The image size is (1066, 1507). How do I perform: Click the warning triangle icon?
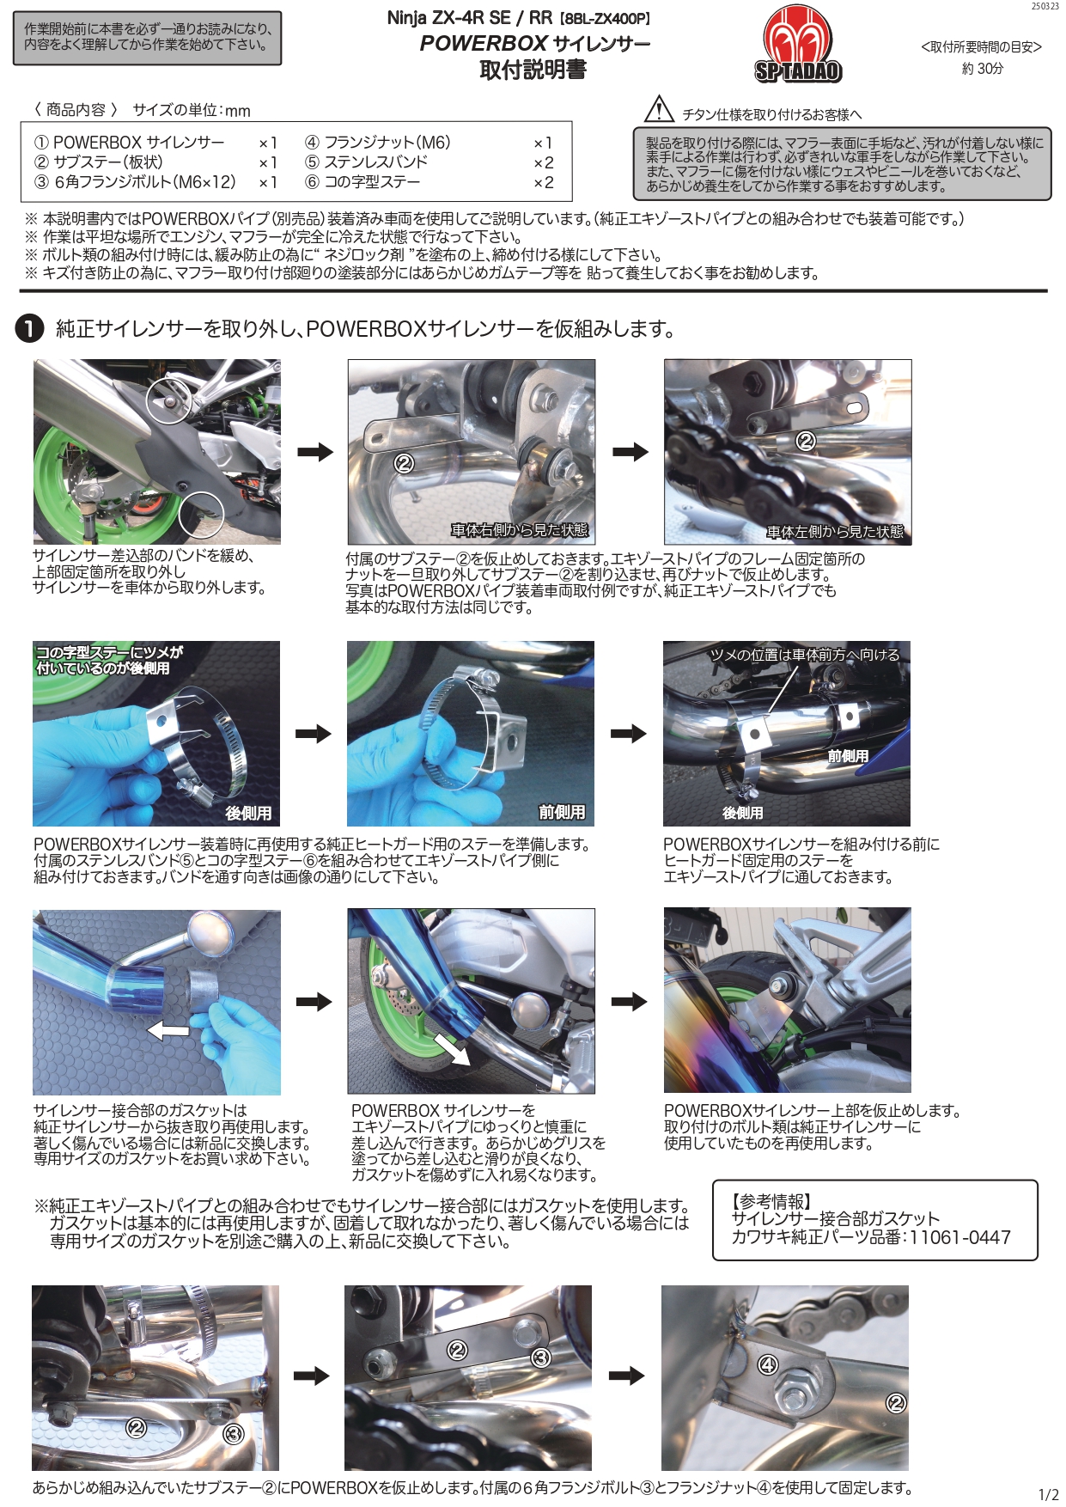[659, 110]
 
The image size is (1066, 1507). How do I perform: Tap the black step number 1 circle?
[29, 328]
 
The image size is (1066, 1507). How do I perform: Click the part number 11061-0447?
[959, 1237]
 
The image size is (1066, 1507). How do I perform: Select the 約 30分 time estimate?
[982, 69]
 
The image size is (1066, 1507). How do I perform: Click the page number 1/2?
[1048, 1494]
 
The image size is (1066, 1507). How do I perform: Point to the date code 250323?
[1045, 6]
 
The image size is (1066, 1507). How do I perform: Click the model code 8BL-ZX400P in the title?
[606, 19]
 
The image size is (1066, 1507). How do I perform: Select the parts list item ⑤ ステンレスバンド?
[366, 162]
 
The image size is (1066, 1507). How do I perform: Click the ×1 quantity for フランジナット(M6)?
[543, 143]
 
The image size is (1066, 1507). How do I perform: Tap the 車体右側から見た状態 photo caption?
[519, 530]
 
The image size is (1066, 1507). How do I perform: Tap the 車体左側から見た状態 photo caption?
[834, 532]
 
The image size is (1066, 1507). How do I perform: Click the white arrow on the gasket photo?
[168, 1029]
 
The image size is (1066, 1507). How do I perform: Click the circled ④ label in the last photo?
[767, 1364]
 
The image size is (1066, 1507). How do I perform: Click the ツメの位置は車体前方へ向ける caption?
[804, 655]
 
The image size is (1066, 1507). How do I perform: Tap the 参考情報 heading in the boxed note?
[771, 1201]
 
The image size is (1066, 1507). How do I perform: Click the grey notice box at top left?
[147, 38]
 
